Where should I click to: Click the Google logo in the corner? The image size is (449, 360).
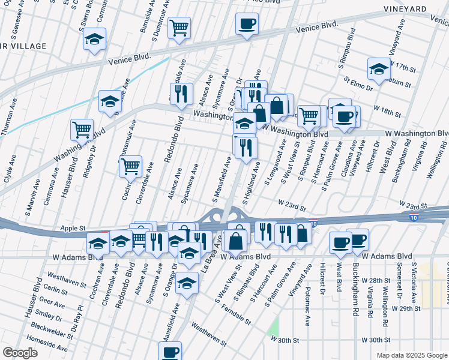click(20, 353)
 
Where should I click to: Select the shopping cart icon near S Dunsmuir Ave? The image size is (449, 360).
click(179, 28)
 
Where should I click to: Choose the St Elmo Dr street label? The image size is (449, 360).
click(358, 83)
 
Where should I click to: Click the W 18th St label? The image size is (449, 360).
click(387, 111)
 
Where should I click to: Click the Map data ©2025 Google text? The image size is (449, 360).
click(412, 355)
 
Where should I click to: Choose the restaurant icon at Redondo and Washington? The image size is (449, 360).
click(181, 94)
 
